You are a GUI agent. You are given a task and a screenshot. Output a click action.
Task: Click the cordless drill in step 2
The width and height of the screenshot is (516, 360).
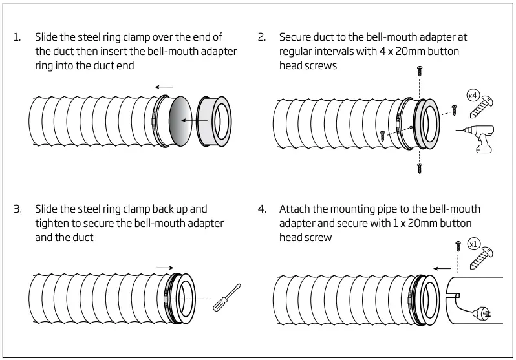point(486,136)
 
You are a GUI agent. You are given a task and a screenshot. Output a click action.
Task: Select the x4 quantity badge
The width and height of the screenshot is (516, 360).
point(473,96)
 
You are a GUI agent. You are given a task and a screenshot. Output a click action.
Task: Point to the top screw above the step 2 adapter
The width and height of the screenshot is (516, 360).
point(420,70)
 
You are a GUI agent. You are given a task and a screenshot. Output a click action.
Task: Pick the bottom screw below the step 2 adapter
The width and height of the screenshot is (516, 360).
point(420,167)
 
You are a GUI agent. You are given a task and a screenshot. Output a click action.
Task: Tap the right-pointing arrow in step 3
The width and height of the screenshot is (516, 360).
point(164,266)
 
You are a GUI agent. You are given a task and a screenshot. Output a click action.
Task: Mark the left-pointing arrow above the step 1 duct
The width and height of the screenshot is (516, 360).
point(164,85)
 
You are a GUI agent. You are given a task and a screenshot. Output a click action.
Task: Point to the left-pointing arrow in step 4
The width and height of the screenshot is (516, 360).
point(442,267)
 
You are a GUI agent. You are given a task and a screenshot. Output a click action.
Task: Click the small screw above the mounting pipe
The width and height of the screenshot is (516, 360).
point(458,244)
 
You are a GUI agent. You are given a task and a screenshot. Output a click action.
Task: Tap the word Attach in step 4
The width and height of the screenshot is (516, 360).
point(295,209)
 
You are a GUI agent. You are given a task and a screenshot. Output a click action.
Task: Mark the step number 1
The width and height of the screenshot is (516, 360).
point(17,37)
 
